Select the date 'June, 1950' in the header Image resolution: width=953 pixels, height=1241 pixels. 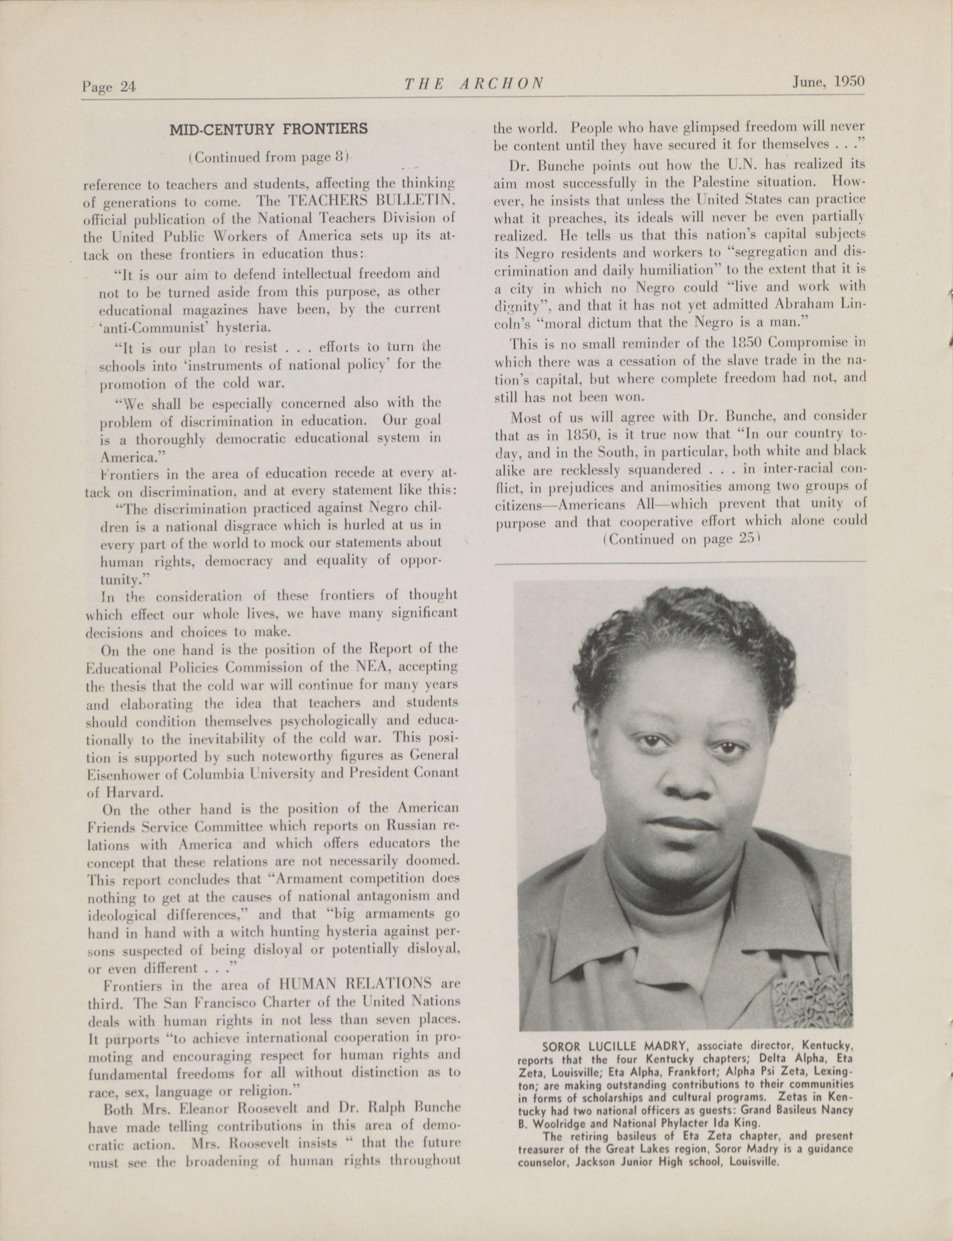click(x=828, y=81)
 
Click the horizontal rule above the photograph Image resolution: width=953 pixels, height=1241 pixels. click(x=681, y=563)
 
